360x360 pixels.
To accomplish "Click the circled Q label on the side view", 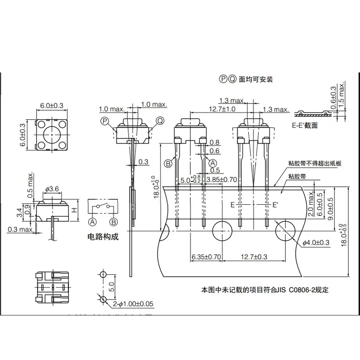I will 159,120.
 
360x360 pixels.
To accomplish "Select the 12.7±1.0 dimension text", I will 222,109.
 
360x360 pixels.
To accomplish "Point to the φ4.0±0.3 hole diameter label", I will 317,243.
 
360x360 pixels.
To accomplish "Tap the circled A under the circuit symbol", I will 92,221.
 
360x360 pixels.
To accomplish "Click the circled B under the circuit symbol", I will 114,221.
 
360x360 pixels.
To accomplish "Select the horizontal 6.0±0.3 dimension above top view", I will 52,105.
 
